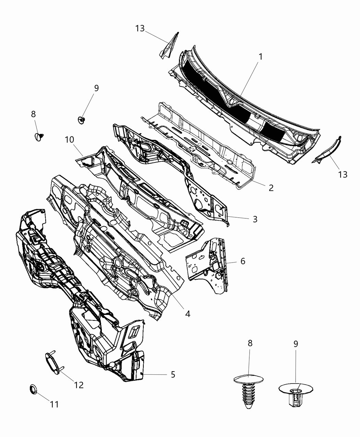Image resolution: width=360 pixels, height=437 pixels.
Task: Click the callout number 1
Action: click(x=260, y=57)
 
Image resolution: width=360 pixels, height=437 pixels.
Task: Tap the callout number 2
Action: click(x=271, y=188)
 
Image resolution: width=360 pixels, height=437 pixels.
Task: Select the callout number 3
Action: click(x=255, y=219)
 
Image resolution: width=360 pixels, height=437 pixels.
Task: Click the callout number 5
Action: click(x=173, y=375)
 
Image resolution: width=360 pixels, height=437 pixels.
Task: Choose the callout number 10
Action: click(x=70, y=140)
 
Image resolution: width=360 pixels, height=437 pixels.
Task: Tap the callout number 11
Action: click(x=54, y=404)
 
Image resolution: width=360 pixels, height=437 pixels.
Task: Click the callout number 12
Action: click(x=79, y=385)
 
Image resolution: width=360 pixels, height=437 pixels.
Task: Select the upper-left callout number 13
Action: click(x=140, y=28)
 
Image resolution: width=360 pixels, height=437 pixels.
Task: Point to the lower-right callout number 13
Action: click(x=342, y=174)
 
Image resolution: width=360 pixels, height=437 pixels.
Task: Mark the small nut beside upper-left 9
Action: click(x=82, y=120)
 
